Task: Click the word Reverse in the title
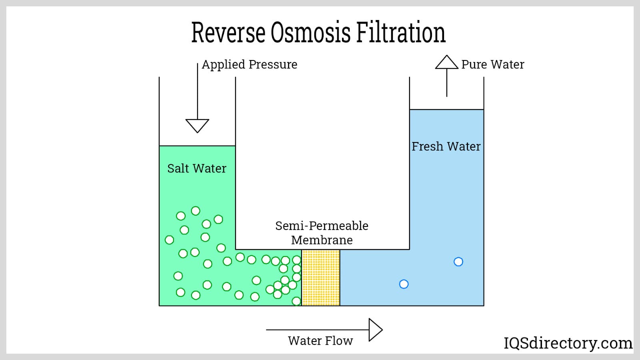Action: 228,32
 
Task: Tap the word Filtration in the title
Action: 400,32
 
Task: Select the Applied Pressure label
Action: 249,64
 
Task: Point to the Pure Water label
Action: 492,64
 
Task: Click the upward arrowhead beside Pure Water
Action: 446,62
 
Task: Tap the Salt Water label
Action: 196,168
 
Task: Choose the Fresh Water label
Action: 446,146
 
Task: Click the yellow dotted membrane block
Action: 321,278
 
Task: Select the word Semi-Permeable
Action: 322,226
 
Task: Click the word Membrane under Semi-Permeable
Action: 322,240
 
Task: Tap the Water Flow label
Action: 320,341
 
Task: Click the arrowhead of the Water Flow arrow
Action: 375,330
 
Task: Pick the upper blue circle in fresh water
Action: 458,262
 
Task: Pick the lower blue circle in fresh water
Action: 404,284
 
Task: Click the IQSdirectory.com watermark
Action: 568,343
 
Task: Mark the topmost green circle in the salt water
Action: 196,211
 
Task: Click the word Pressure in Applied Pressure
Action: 273,64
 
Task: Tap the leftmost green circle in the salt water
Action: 170,240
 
